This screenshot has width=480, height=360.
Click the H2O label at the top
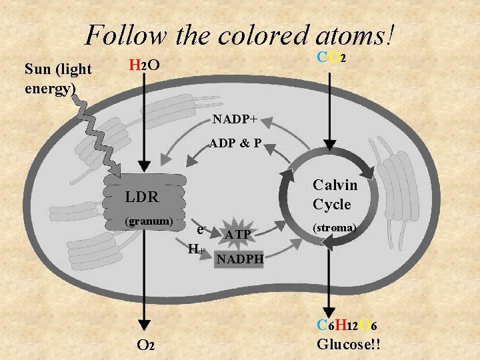143,65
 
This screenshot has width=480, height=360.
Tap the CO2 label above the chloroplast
331,58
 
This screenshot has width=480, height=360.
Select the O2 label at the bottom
146,345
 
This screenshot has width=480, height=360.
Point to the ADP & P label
235,143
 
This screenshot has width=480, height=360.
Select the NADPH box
240,257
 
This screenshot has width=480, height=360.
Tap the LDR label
141,197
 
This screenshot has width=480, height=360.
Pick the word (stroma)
335,227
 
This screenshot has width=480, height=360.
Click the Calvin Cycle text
335,194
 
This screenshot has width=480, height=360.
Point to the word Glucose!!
349,345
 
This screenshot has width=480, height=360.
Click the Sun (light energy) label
57,78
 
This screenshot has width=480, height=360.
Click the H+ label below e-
195,250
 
